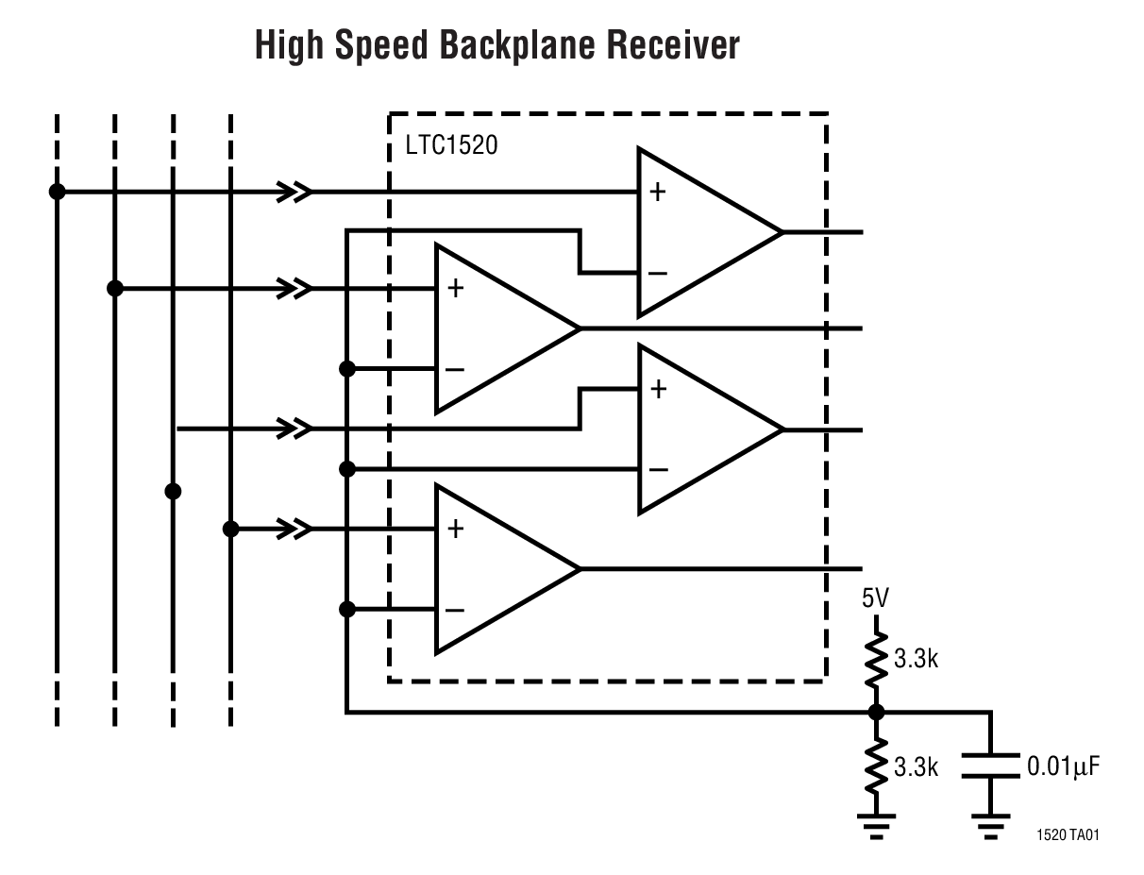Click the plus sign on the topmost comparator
657,194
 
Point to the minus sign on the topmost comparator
657,274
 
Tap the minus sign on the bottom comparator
454,610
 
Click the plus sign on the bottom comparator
455,530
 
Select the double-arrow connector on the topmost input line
294,193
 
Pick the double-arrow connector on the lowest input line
294,530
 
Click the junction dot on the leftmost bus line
57,192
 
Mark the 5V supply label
874,598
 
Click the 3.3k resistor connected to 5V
876,660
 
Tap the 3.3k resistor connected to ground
876,766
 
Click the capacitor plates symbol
990,766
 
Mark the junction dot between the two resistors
876,713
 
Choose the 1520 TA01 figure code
1067,835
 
